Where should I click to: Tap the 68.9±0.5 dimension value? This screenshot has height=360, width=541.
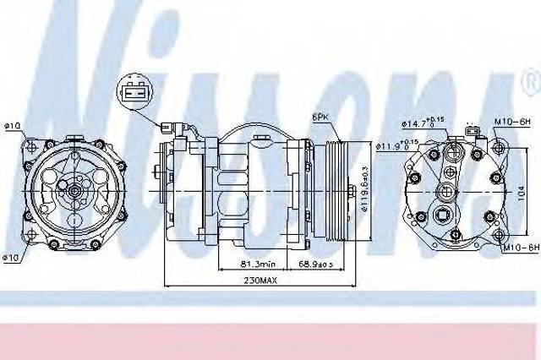tap(319, 266)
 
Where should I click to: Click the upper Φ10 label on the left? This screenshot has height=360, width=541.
tap(12, 128)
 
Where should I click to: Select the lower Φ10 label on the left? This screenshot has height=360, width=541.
tap(12, 257)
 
